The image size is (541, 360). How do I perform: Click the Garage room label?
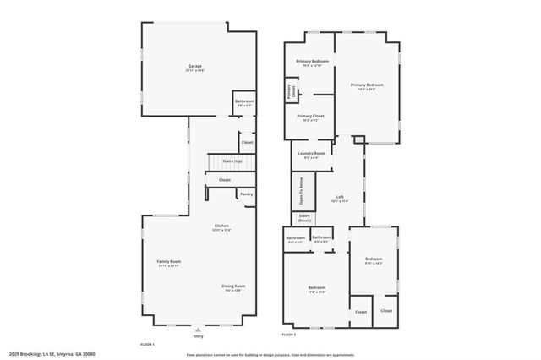tap(194, 65)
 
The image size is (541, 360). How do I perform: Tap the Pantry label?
tap(246, 194)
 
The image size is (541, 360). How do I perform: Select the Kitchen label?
tap(221, 226)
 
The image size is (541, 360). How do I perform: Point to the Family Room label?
tap(169, 262)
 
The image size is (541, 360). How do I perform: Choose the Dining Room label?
tap(233, 286)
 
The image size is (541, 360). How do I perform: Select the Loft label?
tap(340, 197)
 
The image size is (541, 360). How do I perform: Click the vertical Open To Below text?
tap(302, 192)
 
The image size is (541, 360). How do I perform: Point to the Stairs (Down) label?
tap(304, 218)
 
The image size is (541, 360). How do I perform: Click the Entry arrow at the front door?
tap(199, 329)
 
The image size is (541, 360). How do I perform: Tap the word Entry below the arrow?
tap(199, 335)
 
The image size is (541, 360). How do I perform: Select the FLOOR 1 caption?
tap(147, 344)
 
